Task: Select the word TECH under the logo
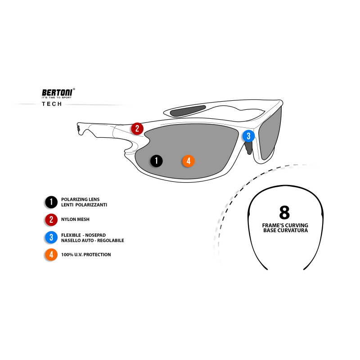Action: (x=53, y=104)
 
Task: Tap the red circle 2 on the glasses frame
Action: (x=137, y=129)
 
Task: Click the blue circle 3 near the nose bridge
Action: (x=248, y=135)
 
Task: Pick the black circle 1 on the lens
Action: (x=156, y=161)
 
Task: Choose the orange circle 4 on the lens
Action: (x=188, y=161)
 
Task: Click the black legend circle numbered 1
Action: (x=51, y=202)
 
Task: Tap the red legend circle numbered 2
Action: (x=51, y=220)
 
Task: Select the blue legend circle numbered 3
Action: (x=51, y=237)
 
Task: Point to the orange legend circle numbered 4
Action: (x=51, y=255)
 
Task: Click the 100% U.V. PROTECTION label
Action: (x=86, y=255)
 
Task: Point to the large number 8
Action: (x=284, y=211)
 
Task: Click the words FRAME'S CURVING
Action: (x=285, y=225)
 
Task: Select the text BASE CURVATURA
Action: (x=285, y=230)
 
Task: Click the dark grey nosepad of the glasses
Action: (x=248, y=147)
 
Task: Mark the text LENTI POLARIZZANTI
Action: (x=84, y=205)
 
